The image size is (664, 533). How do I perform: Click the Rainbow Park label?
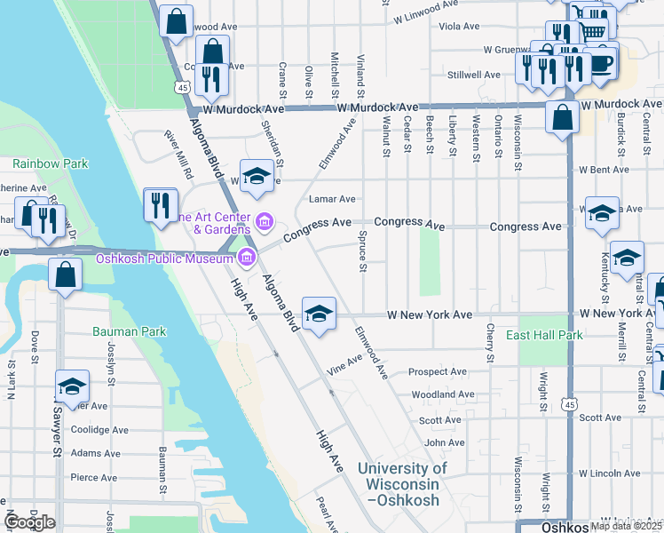[x=50, y=163]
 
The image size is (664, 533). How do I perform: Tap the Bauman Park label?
[x=129, y=331]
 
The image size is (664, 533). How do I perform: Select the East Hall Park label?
[x=544, y=335]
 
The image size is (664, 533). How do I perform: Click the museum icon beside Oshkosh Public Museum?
[x=246, y=259]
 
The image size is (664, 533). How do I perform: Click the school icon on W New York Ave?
[x=319, y=314]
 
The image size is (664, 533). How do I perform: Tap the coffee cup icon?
[x=600, y=63]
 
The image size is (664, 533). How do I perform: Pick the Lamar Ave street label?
[x=332, y=199]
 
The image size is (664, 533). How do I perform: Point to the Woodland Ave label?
[x=443, y=394]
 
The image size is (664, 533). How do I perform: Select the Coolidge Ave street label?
[x=99, y=429]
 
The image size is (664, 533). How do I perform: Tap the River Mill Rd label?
[x=178, y=155]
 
